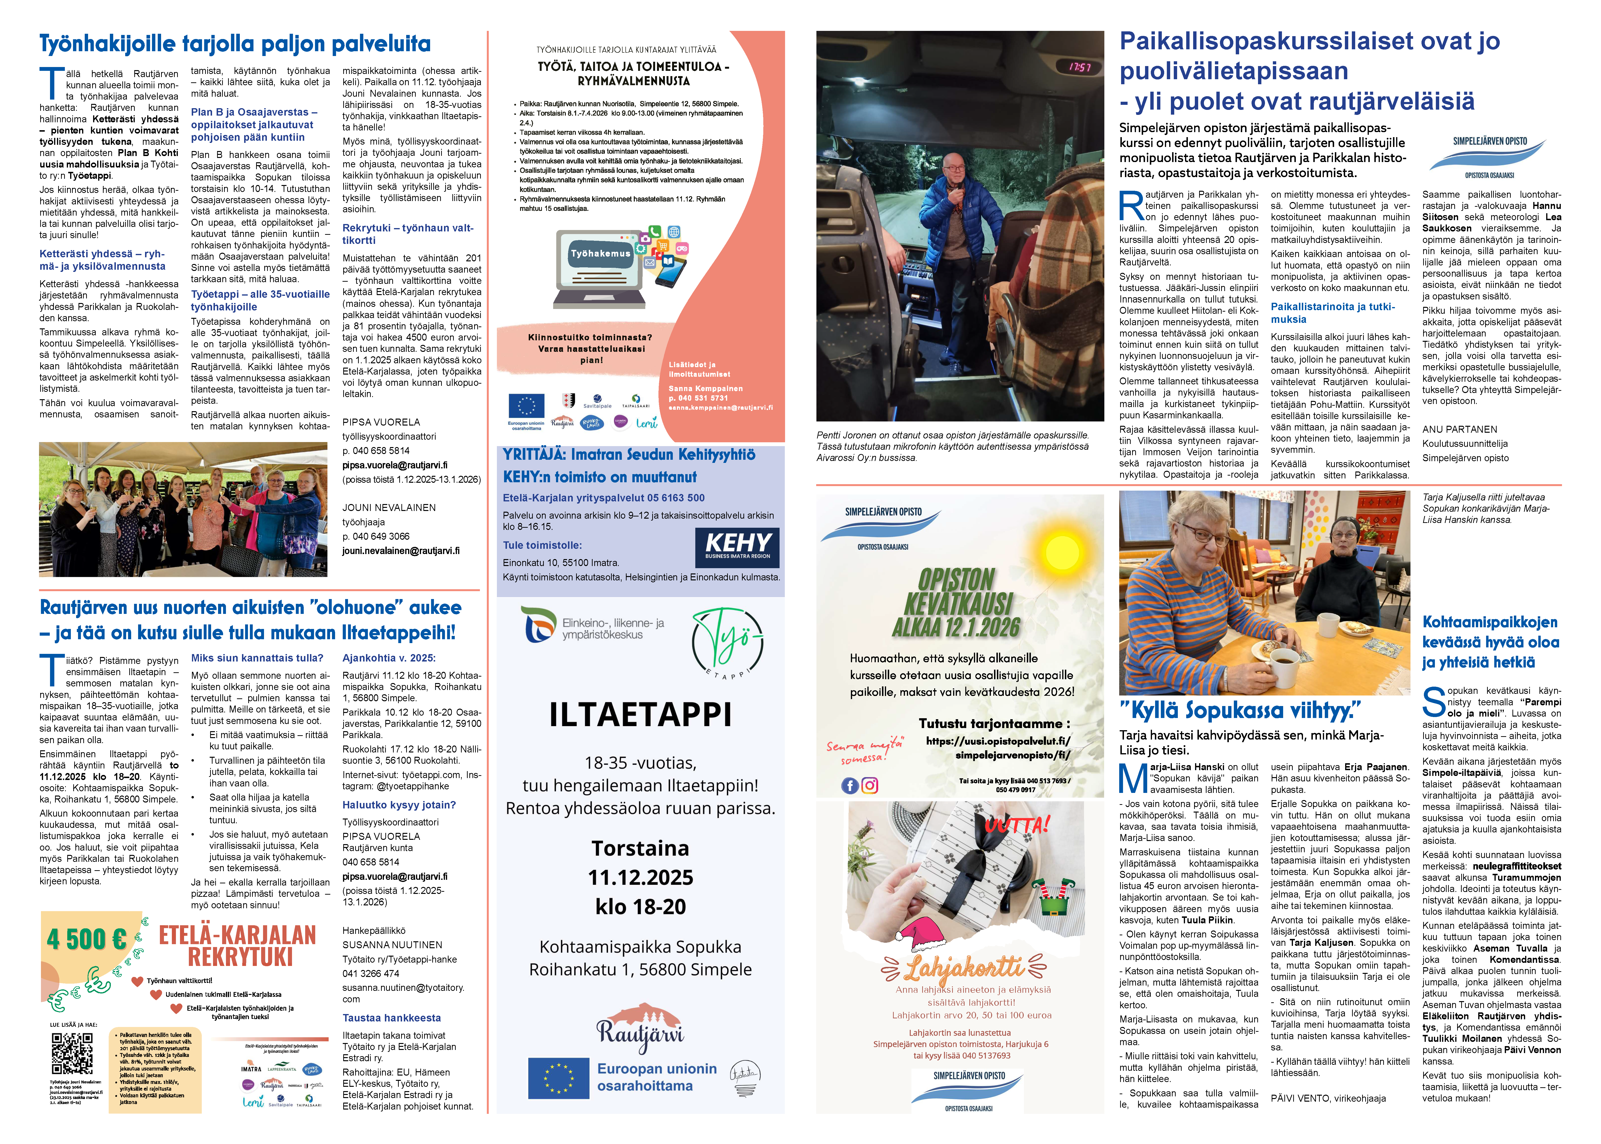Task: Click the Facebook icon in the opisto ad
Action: click(849, 785)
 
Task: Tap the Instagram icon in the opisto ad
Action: click(870, 785)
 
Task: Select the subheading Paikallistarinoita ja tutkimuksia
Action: click(1332, 313)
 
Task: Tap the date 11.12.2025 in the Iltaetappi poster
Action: click(640, 878)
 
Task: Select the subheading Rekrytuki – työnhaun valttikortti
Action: click(408, 234)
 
